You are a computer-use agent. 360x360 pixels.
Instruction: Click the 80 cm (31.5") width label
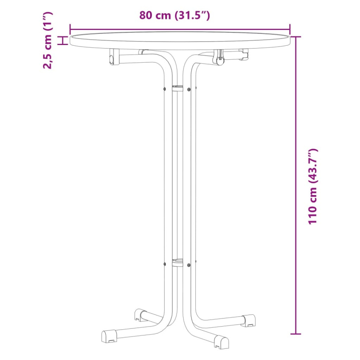tap(175, 15)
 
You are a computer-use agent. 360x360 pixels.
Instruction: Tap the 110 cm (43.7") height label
tap(313, 186)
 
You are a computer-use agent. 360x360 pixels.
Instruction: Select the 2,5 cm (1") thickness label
tap(48, 40)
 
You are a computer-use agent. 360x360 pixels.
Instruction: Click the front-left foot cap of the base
tap(109, 337)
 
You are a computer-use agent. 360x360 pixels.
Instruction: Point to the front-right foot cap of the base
tap(221, 342)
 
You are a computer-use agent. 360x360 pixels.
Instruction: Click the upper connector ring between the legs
tap(178, 88)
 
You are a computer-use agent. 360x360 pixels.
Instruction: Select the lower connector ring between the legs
tap(178, 262)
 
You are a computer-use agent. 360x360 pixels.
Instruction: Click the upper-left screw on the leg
tap(165, 89)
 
